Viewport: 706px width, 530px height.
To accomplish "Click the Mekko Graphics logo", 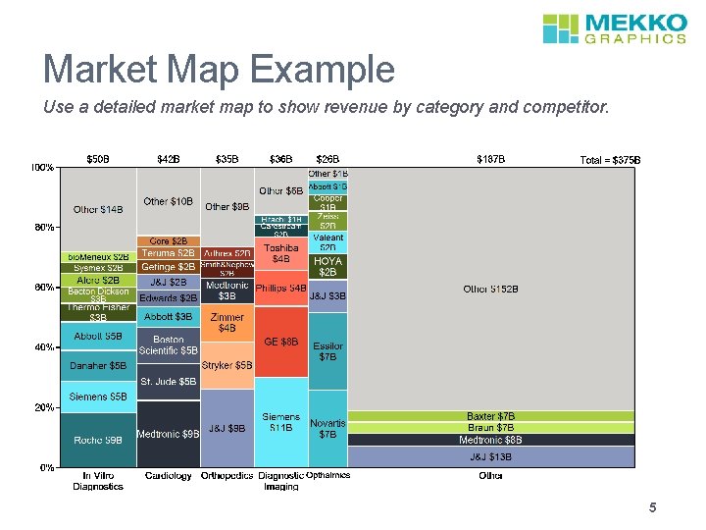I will coord(615,28).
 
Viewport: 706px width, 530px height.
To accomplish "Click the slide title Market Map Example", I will coord(219,70).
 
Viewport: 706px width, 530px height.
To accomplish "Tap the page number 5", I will coord(651,507).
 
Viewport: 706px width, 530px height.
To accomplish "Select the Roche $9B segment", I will coord(98,440).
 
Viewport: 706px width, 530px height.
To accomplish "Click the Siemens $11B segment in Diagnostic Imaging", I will coord(281,423).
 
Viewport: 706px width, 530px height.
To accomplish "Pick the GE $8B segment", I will coord(281,343).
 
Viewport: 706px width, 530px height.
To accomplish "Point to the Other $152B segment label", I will coord(490,290).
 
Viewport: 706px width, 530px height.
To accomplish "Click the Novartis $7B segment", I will coord(328,429).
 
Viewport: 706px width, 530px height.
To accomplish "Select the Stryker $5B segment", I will coord(227,365).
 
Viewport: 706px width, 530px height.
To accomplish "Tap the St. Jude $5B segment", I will coord(169,382).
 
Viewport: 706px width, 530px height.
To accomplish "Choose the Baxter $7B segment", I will coord(490,417).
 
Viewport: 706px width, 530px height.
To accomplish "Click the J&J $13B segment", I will coord(490,456).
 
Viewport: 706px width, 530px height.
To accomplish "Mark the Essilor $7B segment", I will coord(328,351).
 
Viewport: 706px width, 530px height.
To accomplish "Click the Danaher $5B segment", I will coord(98,366).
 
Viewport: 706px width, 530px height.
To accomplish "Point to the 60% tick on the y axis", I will coord(45,288).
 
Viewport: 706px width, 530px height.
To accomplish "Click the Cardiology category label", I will coord(169,476).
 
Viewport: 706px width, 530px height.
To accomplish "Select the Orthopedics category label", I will coord(227,476).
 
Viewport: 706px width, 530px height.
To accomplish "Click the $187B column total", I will coord(490,158).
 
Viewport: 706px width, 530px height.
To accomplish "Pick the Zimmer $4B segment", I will coord(227,323).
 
